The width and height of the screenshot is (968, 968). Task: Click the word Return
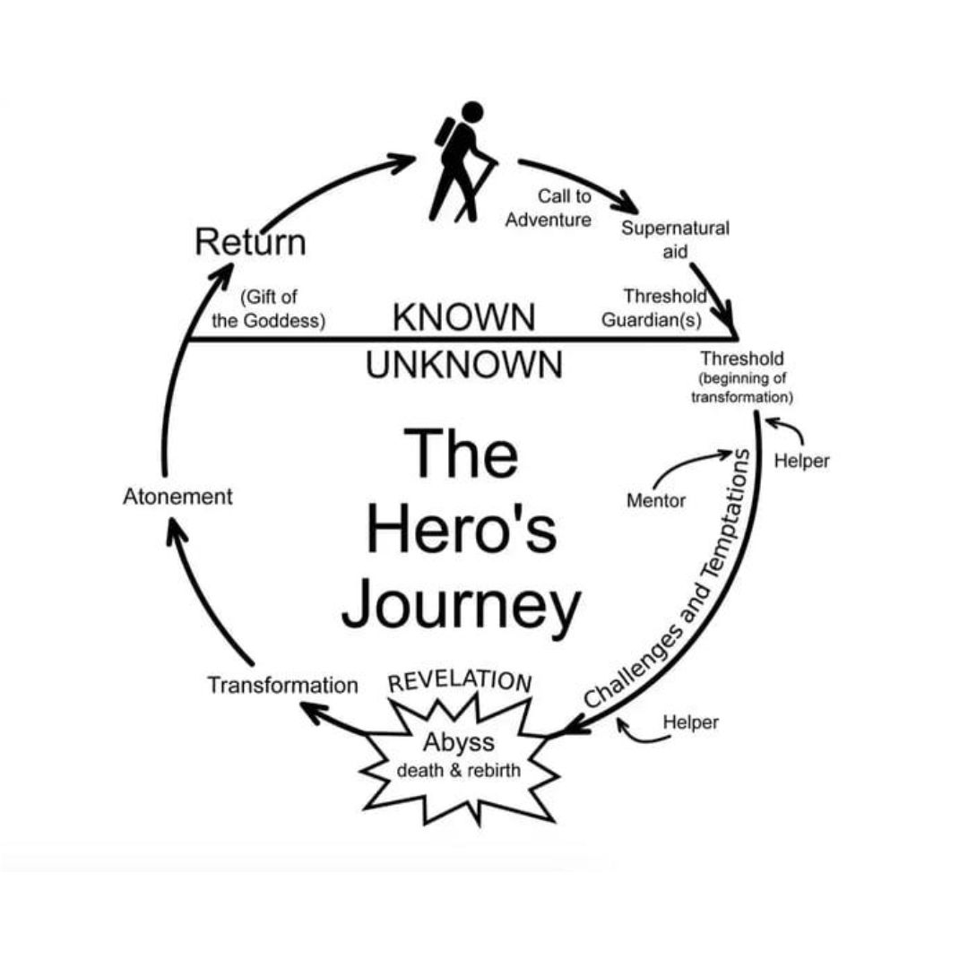click(250, 242)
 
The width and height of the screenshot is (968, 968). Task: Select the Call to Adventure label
click(549, 208)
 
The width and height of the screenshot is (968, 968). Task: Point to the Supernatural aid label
click(675, 239)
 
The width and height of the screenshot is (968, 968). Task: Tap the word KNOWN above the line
click(463, 317)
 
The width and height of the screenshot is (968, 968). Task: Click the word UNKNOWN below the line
click(463, 365)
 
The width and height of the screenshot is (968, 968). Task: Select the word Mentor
click(656, 501)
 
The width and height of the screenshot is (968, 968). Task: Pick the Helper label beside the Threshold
click(801, 461)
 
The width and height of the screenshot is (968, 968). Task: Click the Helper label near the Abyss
click(690, 722)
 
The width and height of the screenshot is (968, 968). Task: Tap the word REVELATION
click(460, 681)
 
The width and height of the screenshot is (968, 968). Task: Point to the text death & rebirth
click(458, 770)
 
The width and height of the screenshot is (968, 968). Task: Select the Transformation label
click(282, 686)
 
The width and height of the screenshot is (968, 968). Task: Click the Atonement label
click(177, 497)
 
